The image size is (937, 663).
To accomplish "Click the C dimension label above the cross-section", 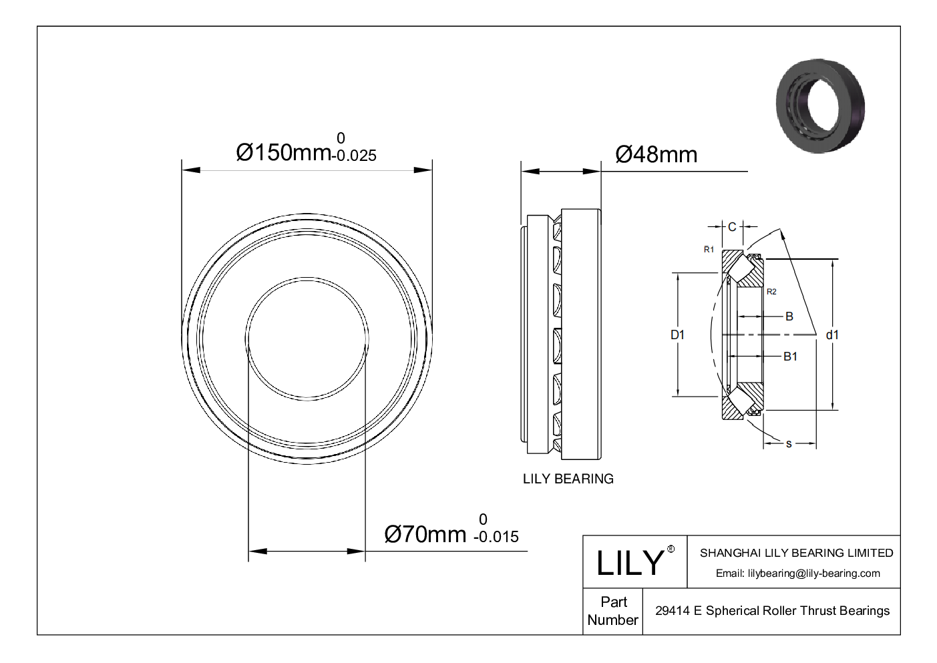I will (732, 227).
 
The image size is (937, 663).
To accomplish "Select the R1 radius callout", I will (709, 250).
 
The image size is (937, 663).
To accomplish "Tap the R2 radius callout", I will (771, 292).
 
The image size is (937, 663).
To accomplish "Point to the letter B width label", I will (789, 316).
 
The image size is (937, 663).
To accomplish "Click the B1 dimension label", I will (790, 357).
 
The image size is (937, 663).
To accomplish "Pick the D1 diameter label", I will (677, 335).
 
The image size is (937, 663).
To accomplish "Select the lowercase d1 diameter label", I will (832, 335).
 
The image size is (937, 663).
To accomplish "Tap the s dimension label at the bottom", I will (789, 444).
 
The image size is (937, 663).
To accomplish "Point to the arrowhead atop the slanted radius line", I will (782, 234).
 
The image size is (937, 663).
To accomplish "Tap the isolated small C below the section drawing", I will (671, 549).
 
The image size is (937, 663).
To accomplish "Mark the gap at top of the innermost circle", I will (307, 278).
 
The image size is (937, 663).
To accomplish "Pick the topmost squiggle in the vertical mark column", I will (557, 227).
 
